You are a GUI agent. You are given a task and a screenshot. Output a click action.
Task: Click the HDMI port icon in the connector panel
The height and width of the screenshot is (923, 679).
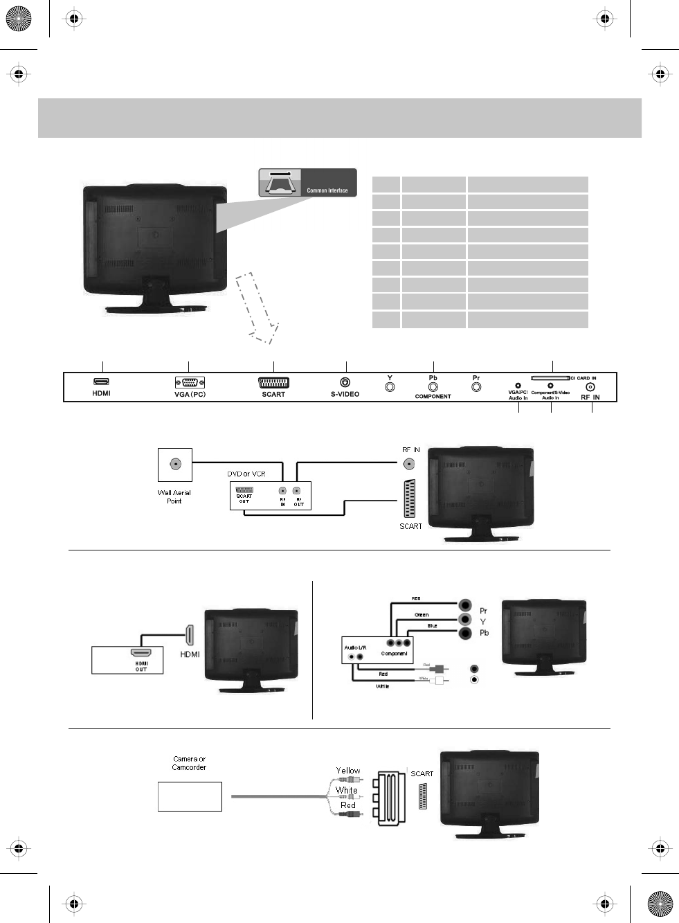[102, 382]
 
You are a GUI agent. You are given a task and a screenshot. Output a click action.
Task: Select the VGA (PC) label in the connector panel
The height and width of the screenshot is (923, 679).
[190, 395]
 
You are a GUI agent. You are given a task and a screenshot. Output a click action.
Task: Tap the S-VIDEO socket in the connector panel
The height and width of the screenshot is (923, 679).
[345, 382]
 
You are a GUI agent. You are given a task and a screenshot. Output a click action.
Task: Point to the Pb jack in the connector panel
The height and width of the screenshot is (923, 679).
[433, 386]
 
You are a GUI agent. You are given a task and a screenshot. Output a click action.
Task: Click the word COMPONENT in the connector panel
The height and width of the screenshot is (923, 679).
[433, 397]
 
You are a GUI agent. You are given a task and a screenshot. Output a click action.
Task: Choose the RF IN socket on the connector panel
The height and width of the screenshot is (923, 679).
[591, 388]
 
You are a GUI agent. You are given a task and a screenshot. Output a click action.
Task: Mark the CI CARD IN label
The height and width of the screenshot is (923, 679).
[583, 378]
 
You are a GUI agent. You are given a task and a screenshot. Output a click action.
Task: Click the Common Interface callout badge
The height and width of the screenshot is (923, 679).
[308, 182]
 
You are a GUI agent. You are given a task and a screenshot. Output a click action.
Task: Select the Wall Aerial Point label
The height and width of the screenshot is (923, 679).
[174, 496]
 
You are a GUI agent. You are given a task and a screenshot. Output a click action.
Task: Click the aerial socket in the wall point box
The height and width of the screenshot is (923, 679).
[174, 465]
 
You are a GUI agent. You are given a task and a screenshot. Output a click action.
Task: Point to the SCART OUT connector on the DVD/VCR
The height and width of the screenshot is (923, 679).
[244, 490]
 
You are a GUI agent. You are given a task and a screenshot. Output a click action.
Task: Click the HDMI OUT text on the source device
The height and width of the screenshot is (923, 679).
[141, 667]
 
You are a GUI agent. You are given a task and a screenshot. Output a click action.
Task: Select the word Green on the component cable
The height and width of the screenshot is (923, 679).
[422, 614]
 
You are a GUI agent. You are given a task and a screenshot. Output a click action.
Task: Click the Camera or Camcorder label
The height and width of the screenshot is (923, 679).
[189, 763]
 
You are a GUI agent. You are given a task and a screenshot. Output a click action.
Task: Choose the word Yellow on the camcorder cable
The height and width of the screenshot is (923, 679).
[348, 771]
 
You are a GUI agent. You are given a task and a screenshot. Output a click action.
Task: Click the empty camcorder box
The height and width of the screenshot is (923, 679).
[190, 796]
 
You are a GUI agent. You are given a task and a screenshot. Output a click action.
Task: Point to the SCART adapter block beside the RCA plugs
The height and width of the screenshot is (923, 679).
[391, 798]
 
